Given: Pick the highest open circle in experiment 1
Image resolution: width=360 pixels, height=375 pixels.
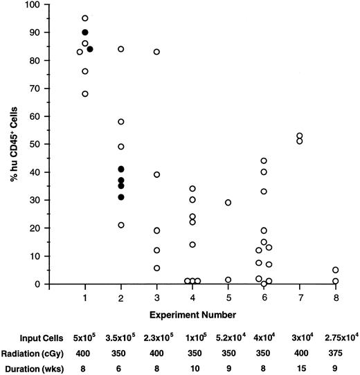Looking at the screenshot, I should (85, 18).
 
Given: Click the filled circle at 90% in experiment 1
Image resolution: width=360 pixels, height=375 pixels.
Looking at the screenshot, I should (85, 33).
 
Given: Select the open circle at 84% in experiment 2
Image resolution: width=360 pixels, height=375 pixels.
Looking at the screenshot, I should (121, 49).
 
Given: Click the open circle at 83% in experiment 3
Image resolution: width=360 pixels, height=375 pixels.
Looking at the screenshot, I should (156, 52).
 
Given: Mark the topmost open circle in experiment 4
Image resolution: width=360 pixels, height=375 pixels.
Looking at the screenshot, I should (192, 188).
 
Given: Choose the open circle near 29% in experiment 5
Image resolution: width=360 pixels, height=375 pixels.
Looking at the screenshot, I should (228, 203).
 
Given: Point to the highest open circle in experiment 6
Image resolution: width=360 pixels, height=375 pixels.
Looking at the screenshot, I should (264, 161).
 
